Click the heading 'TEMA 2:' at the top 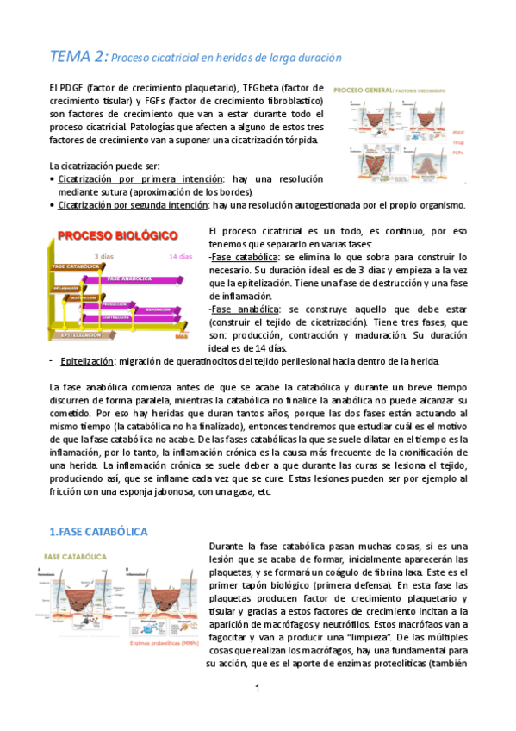click(78, 57)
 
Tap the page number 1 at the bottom click(258, 688)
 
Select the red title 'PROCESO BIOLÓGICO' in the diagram click(118, 235)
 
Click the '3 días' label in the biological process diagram click(103, 256)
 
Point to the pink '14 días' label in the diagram click(180, 256)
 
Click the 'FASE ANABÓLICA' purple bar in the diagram click(129, 278)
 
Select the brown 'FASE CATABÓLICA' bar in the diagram click(77, 266)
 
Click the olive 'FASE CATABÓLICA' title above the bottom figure click(75, 557)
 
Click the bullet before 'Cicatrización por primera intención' click(53, 178)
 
